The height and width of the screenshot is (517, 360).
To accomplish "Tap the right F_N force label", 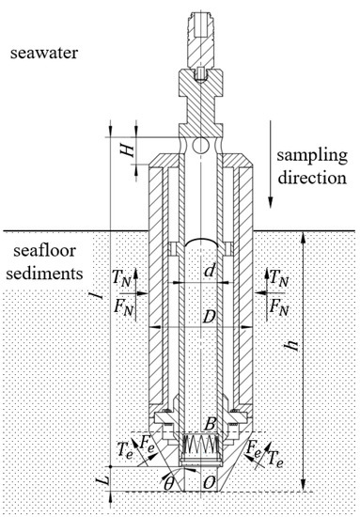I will [279, 306].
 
